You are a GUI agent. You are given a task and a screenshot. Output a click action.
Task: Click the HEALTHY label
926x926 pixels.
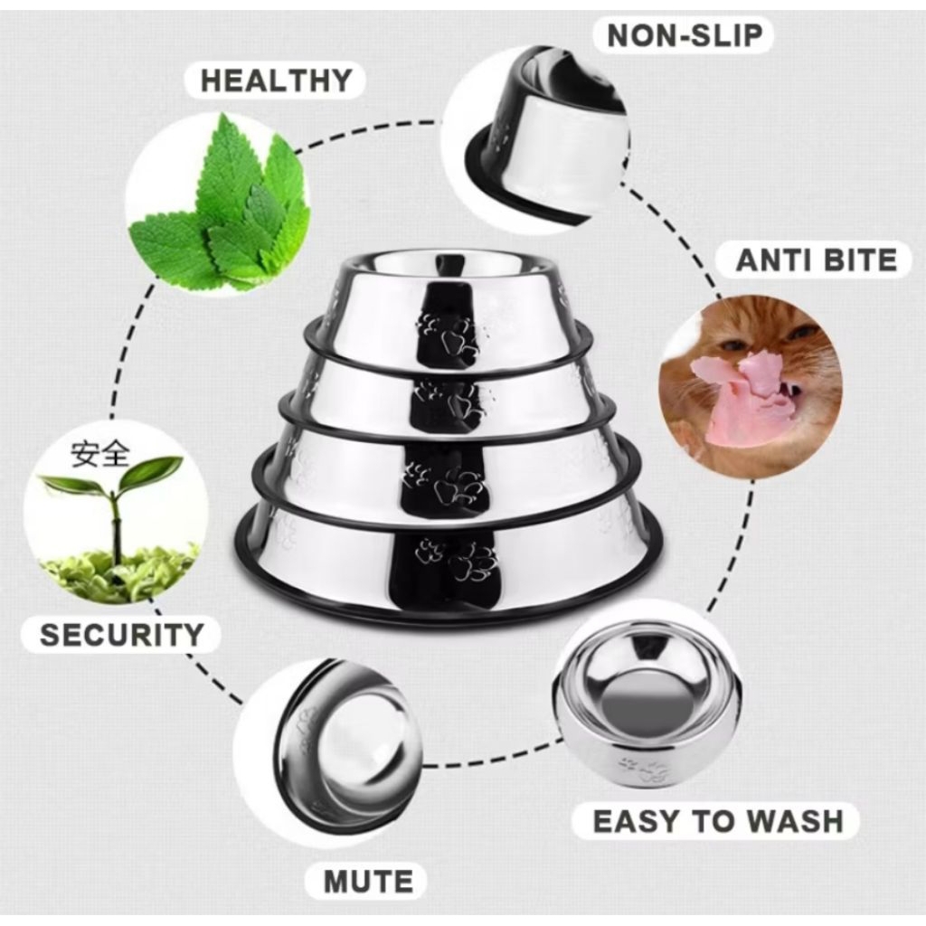pyautogui.click(x=275, y=80)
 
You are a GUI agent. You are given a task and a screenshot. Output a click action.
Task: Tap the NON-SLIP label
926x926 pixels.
pyautogui.click(x=685, y=35)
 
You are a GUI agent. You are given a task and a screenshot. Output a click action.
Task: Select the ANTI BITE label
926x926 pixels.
pyautogui.click(x=816, y=260)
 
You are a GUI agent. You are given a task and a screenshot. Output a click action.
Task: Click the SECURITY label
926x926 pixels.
pyautogui.click(x=121, y=634)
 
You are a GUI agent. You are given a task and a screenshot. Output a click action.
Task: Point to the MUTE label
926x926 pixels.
pyautogui.click(x=368, y=880)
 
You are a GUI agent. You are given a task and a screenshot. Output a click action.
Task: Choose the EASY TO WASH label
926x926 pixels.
pyautogui.click(x=717, y=821)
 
